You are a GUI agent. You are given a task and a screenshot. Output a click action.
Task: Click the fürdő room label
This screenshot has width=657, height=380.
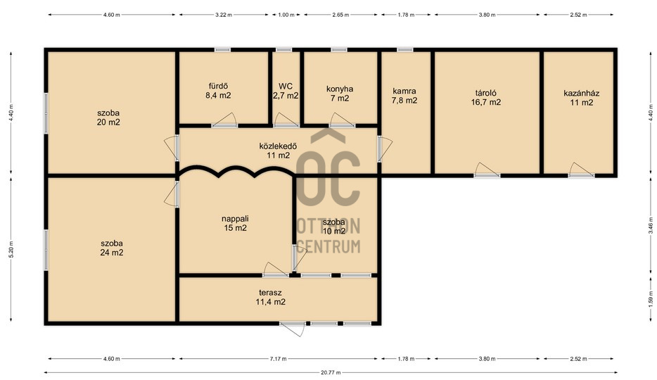pos(218,87)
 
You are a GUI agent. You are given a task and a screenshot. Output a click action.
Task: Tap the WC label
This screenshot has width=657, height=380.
pos(286,87)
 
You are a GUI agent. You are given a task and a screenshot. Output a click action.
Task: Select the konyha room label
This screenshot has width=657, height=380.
pos(339,89)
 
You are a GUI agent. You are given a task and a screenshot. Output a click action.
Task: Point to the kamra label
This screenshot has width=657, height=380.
pos(404,91)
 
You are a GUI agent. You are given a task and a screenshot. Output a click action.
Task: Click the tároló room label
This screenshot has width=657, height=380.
pos(485,93)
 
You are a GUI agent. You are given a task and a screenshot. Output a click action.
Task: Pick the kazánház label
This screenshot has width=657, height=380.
pos(581,93)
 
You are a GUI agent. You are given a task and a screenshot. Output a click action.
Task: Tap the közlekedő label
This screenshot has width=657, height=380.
pos(279,146)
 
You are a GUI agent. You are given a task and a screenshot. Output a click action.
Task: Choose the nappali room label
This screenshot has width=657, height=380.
pos(235,219)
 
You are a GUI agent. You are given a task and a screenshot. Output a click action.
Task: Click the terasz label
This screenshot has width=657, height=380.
pos(270,293)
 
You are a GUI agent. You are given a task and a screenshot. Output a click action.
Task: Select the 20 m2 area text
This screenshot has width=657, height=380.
pos(108,122)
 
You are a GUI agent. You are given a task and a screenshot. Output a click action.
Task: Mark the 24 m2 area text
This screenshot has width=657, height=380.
pos(111,252)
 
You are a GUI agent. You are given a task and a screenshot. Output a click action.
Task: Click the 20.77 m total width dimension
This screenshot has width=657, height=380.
pos(331,372)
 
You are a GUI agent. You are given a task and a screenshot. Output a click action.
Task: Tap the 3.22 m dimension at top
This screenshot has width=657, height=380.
pos(223,15)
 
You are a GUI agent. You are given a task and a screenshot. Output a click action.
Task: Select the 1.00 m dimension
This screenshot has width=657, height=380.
pos(286,15)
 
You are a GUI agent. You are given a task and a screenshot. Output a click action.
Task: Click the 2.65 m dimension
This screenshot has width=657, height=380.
pos(340,15)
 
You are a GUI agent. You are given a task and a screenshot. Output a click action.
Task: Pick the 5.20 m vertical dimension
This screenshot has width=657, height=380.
pos(11,250)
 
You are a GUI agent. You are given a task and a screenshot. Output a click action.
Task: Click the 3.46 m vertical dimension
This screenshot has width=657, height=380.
pos(650,227)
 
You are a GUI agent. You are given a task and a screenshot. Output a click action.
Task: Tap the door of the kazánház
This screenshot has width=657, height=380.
pos(582,170)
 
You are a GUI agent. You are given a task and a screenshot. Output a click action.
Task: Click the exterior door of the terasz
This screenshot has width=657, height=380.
pos(293,329)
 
